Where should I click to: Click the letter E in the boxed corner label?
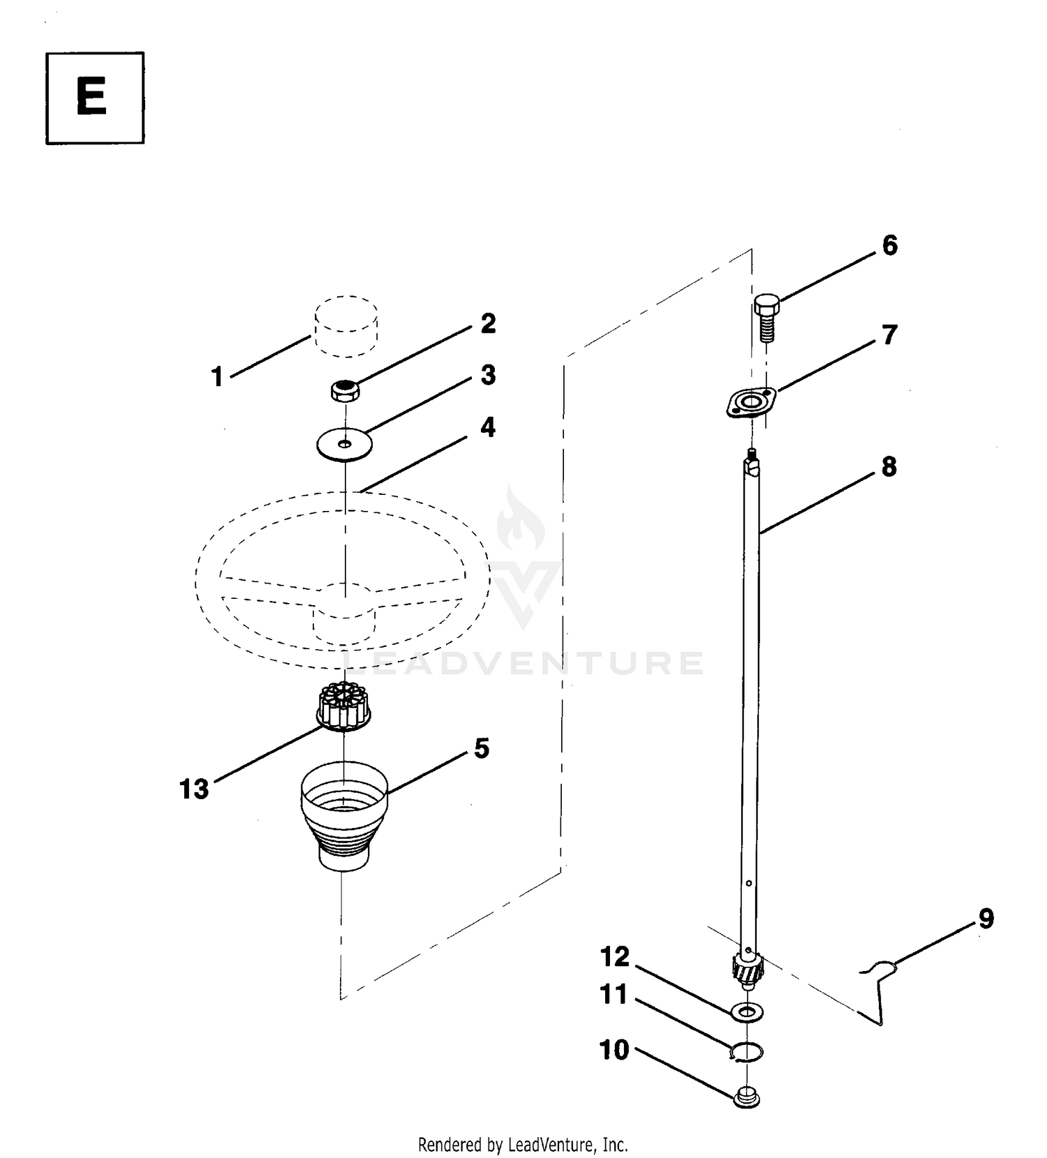click(91, 97)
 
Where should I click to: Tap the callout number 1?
click(217, 377)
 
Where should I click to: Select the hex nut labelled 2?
click(344, 390)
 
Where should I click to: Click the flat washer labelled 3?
click(344, 445)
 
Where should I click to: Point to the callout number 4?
click(488, 427)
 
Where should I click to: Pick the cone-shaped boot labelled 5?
click(344, 815)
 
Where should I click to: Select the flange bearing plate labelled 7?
click(751, 403)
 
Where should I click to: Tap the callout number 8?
click(889, 467)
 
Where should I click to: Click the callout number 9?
click(986, 919)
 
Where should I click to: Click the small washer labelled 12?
click(747, 1011)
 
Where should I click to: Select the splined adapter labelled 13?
click(344, 706)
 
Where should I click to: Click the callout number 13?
click(194, 789)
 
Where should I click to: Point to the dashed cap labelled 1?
click(346, 325)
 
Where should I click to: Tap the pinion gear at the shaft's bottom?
click(748, 969)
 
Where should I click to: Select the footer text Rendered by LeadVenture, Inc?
click(523, 1145)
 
